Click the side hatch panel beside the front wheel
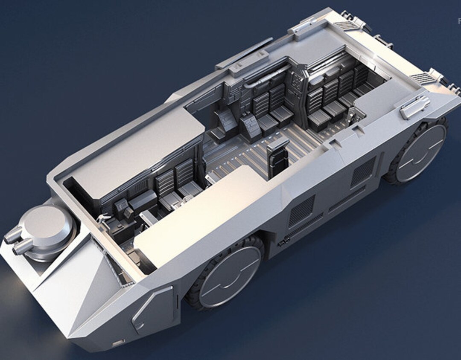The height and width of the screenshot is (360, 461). (x=153, y=308)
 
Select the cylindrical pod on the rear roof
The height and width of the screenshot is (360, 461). (x=415, y=107)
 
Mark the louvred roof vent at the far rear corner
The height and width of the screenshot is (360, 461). (x=348, y=25)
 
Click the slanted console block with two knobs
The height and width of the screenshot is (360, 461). (x=250, y=126)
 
